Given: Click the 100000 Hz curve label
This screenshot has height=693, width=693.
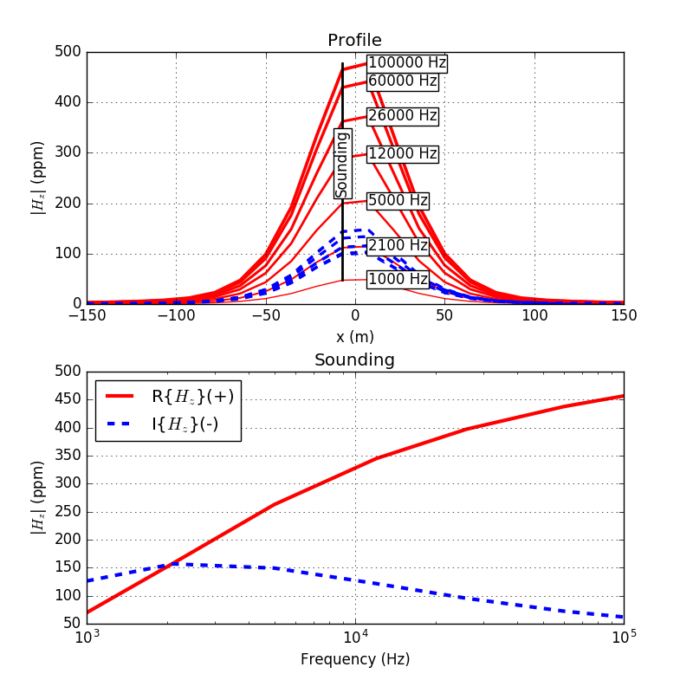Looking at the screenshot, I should point(406,63).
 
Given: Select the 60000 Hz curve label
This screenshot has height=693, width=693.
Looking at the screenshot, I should point(402,81).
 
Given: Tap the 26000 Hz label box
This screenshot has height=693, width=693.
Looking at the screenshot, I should point(402,116).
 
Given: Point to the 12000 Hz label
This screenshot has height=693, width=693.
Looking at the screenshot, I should point(402,154).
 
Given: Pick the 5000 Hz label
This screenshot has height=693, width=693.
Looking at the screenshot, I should point(398,201).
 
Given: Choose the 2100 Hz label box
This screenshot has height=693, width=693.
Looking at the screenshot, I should point(398,246).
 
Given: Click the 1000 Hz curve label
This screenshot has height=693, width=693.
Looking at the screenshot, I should point(398,279).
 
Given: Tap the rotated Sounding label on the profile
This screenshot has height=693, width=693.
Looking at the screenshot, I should point(342,164).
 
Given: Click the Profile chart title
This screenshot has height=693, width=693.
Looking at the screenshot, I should point(354,41).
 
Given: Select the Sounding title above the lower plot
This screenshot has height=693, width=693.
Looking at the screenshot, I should point(354,360).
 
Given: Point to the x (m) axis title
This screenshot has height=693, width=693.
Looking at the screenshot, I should point(354,336).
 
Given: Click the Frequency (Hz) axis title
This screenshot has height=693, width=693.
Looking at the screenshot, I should point(355,659).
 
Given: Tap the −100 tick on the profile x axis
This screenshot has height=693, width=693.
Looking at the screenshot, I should point(176,316).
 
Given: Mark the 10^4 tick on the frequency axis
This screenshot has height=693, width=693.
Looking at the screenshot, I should point(355,638).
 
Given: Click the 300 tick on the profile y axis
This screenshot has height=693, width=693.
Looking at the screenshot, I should point(67,153).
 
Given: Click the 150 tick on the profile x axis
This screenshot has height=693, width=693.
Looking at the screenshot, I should point(624,316).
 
